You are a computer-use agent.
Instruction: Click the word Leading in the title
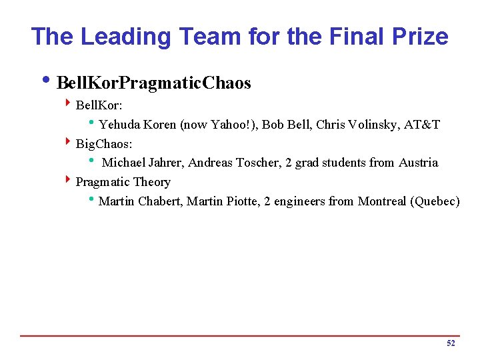click(x=118, y=36)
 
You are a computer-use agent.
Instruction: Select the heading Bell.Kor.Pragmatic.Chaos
click(x=154, y=83)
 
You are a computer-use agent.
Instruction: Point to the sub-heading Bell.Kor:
click(x=99, y=105)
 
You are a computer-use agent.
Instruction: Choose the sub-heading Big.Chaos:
click(x=104, y=143)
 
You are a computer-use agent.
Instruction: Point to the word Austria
click(x=418, y=163)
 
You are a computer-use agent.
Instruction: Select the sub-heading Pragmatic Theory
click(x=123, y=182)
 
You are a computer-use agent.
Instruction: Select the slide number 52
click(x=451, y=343)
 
